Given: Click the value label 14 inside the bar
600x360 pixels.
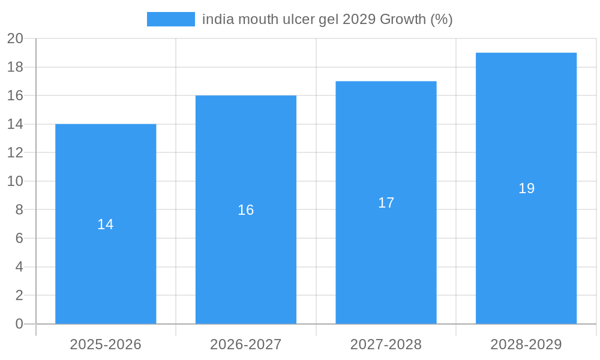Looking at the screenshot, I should (x=106, y=224).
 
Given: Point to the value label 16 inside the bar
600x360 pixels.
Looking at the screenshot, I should (x=246, y=210).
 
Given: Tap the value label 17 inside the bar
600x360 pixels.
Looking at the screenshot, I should (x=386, y=203).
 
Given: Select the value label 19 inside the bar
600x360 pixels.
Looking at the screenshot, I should (x=526, y=188).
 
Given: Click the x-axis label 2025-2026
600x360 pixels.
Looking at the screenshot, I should (x=106, y=344).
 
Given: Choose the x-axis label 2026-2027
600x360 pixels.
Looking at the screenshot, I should (x=246, y=344).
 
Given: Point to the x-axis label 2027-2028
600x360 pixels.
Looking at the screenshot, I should (x=386, y=344).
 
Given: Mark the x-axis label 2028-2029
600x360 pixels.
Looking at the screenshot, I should (x=526, y=344).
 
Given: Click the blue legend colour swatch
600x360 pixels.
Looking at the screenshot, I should (x=171, y=19).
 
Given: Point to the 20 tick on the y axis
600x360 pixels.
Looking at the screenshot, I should (x=15, y=38).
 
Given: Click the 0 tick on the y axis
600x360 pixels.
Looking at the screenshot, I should (x=19, y=324).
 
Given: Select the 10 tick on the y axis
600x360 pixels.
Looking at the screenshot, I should (x=15, y=181).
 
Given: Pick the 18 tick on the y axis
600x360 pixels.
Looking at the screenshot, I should (x=15, y=67).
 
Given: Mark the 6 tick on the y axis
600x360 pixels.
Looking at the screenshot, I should (x=19, y=238).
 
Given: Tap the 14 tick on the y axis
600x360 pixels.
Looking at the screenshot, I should (x=15, y=124).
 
